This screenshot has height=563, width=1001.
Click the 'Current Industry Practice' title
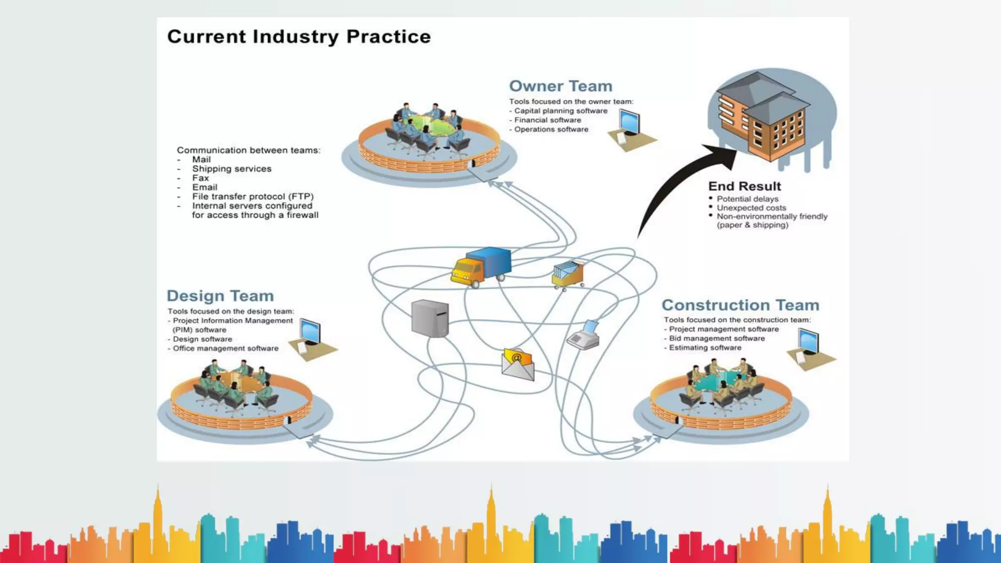pyautogui.click(x=299, y=37)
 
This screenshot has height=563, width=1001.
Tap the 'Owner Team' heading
pyautogui.click(x=561, y=86)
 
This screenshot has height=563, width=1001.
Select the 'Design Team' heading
pyautogui.click(x=220, y=296)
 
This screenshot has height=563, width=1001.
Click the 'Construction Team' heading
pyautogui.click(x=740, y=305)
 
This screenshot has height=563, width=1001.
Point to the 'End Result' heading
pyautogui.click(x=744, y=186)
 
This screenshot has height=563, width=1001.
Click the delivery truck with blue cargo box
pyautogui.click(x=481, y=267)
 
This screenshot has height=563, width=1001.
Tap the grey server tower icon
pyautogui.click(x=430, y=318)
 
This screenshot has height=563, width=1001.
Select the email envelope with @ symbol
pyautogui.click(x=518, y=365)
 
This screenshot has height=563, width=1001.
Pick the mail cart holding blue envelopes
pyautogui.click(x=568, y=275)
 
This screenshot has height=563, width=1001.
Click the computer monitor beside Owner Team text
pyautogui.click(x=629, y=122)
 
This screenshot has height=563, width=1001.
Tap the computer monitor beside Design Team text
pyautogui.click(x=310, y=332)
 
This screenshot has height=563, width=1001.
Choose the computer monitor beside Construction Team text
pyautogui.click(x=808, y=342)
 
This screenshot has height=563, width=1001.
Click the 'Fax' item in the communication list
pyautogui.click(x=200, y=178)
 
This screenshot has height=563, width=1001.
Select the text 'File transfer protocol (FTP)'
pyautogui.click(x=253, y=196)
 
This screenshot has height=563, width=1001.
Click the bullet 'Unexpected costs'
pyautogui.click(x=751, y=208)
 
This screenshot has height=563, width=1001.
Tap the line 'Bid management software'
pyautogui.click(x=717, y=338)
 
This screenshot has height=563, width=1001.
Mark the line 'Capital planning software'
pyautogui.click(x=561, y=111)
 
